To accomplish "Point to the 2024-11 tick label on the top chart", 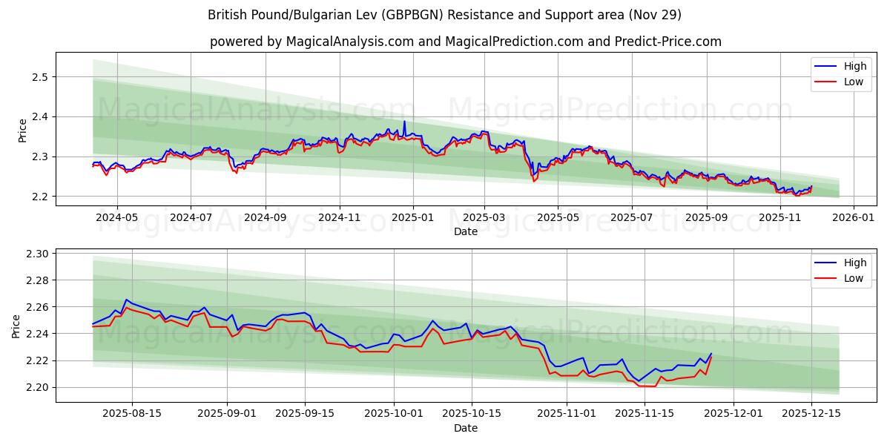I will (x=340, y=217).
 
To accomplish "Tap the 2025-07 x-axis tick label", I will (x=631, y=217).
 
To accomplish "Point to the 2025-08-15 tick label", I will (x=133, y=414).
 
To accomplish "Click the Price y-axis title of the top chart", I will (x=22, y=130).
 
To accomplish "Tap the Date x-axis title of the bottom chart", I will (x=466, y=428).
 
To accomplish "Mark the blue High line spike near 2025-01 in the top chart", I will (x=404, y=122).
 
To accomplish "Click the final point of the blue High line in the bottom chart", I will (x=711, y=354).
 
